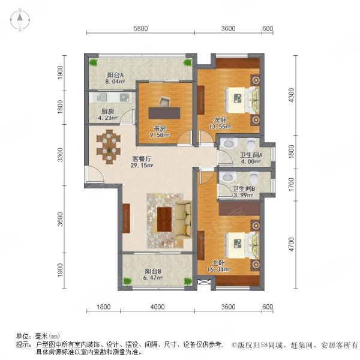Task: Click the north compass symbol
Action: (19, 20)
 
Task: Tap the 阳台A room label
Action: (114, 76)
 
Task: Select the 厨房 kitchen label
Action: (108, 112)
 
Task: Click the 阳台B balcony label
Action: (152, 271)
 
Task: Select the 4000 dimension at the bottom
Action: (157, 308)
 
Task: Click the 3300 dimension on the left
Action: (61, 156)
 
